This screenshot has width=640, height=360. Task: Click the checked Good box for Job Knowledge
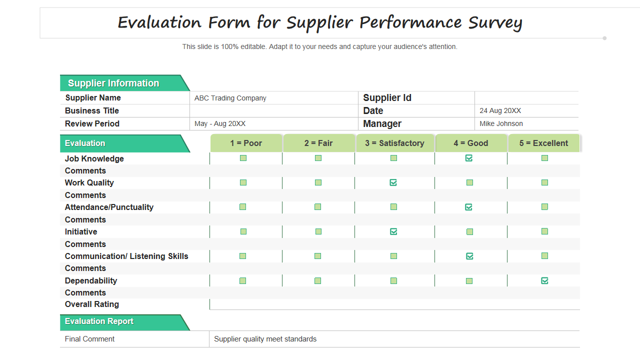[468, 158]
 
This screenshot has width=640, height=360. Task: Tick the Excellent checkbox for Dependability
[544, 280]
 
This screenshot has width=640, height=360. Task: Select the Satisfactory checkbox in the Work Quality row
[393, 182]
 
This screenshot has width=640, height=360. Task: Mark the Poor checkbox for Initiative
[243, 231]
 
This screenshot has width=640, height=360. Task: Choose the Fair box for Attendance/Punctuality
[317, 207]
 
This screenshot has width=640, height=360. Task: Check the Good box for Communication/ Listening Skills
[469, 256]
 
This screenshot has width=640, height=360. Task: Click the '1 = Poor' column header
[246, 143]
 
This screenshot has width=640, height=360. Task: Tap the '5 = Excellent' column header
[543, 143]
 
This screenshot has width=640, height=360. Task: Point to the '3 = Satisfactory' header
[394, 143]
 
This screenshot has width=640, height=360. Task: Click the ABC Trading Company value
[230, 98]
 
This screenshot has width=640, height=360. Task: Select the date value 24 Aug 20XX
[500, 110]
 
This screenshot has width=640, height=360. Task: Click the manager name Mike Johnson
[501, 123]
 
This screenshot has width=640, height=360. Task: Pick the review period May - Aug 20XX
[220, 123]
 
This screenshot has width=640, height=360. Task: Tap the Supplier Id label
[387, 98]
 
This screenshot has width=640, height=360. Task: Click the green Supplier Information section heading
[113, 83]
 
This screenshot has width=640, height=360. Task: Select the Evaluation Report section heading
[99, 321]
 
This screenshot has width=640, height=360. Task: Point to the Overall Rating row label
[92, 304]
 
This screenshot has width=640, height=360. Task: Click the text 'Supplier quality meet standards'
[265, 339]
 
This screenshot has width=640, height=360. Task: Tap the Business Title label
[92, 110]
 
